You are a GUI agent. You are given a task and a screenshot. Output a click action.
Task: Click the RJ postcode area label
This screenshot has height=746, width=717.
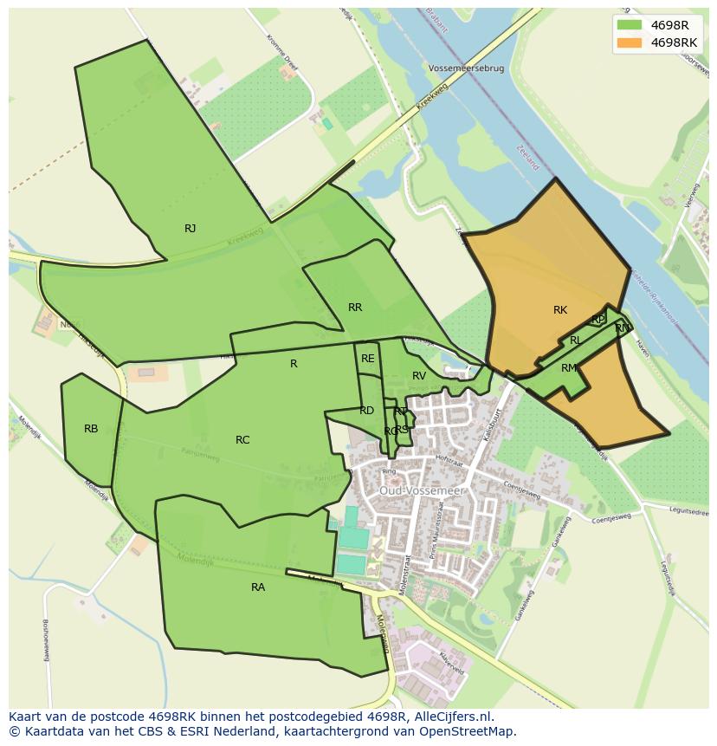[x=191, y=229]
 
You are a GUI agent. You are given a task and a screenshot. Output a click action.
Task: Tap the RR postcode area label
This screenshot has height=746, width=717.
[x=355, y=308]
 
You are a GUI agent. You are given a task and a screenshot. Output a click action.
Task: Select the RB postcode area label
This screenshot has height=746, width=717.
[x=91, y=429]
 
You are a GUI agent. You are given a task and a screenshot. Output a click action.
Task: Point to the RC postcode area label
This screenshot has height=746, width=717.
[x=242, y=440]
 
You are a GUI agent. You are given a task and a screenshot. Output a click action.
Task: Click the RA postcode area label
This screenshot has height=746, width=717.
[x=258, y=587]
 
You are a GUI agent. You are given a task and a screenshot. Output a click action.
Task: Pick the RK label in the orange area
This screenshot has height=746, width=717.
[x=560, y=310]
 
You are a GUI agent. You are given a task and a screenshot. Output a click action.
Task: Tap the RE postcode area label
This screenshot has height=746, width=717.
[x=368, y=359]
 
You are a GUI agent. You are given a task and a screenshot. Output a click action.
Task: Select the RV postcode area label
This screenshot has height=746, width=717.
[x=419, y=376]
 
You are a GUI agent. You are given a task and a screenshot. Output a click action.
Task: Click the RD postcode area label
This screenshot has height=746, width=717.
[x=367, y=411]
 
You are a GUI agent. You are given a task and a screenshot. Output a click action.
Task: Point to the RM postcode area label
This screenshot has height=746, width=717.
[x=569, y=368]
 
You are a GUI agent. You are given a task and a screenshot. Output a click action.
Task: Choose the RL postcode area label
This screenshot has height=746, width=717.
[x=576, y=341]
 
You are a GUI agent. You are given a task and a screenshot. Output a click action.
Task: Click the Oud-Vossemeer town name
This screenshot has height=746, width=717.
[x=423, y=490]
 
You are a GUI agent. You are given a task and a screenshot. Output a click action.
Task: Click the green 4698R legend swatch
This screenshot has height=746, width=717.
[x=630, y=24]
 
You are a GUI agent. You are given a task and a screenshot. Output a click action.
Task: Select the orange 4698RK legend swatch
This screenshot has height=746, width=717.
[x=630, y=42]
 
